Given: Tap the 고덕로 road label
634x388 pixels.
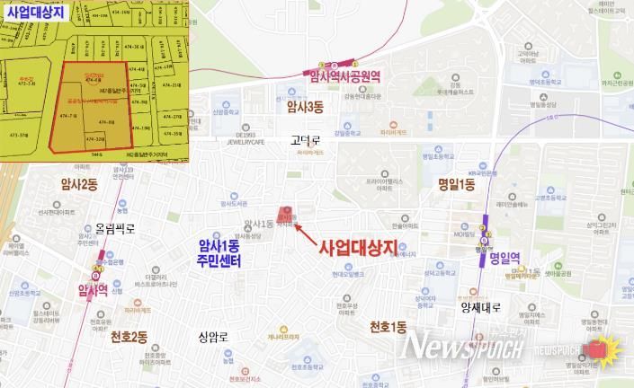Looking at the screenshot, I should pos(306,140).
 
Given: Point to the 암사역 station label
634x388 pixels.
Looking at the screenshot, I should pos(91,289).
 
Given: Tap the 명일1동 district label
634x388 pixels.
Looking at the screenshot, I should pos(456,185).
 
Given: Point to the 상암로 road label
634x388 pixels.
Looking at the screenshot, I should pos(215,337).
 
